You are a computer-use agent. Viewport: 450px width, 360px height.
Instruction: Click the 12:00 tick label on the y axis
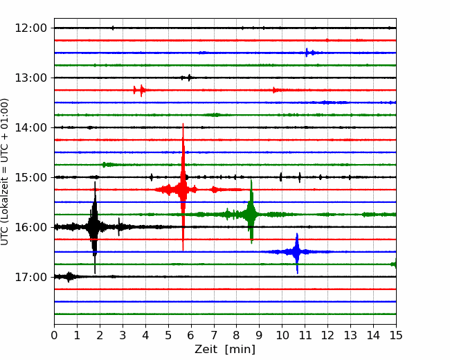click(30, 28)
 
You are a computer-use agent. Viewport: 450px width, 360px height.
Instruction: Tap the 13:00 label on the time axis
click(30, 78)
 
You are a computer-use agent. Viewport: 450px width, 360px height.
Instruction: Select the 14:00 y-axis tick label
click(30, 127)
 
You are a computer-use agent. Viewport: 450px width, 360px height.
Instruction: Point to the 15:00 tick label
click(30, 177)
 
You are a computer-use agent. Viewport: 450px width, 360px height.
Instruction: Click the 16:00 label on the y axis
click(30, 227)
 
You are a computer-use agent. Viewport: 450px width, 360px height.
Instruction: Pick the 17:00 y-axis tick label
click(30, 277)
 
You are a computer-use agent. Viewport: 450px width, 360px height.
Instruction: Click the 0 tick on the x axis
click(54, 335)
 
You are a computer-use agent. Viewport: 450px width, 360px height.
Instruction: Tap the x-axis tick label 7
click(214, 335)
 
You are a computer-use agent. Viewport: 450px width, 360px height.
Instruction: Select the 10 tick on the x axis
click(282, 335)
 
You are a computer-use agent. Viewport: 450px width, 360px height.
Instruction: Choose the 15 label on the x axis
click(396, 335)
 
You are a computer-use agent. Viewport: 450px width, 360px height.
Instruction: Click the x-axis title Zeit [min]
click(225, 350)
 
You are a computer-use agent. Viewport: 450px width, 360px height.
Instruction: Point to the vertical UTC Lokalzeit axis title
click(5, 172)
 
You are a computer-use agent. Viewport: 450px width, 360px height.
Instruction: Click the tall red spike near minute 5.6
click(183, 187)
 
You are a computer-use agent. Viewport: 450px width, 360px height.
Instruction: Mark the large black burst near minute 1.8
click(94, 227)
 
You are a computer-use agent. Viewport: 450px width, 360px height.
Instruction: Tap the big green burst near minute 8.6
click(251, 212)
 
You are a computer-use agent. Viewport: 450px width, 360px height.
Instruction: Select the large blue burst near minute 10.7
click(297, 253)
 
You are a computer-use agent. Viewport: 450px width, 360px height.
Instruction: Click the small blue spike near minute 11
click(307, 53)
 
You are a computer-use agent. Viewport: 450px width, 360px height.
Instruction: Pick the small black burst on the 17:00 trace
click(69, 277)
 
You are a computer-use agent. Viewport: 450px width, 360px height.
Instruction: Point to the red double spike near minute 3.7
click(139, 91)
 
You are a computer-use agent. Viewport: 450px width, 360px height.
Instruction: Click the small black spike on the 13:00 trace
click(189, 78)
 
